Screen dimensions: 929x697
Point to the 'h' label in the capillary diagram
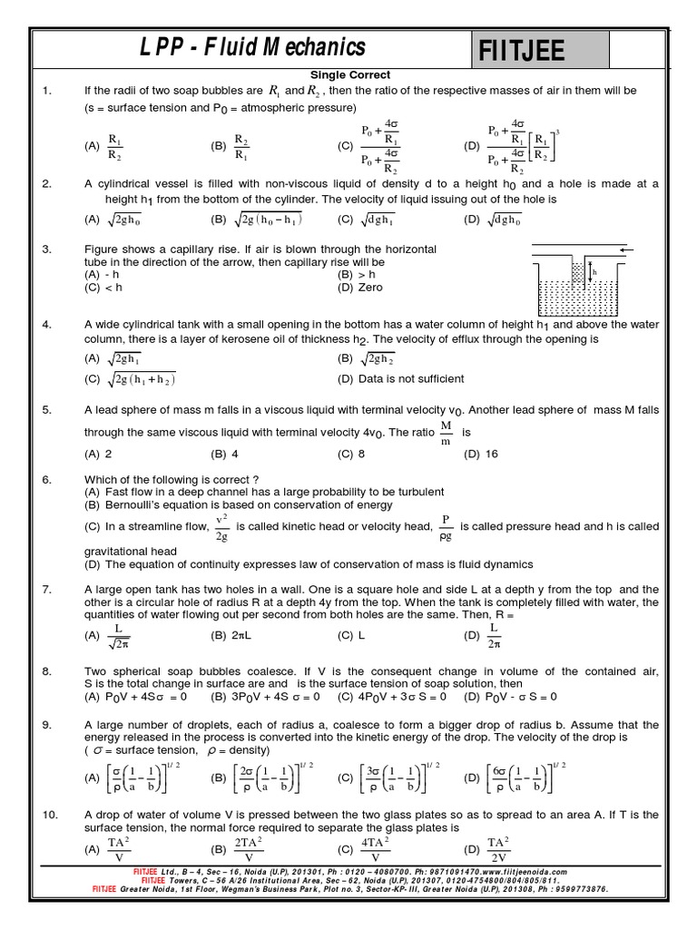594,270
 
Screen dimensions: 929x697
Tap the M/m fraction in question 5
446,433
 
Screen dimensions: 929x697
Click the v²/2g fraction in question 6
221,526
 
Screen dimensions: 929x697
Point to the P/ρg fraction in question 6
446,526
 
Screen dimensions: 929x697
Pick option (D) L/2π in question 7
494,636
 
